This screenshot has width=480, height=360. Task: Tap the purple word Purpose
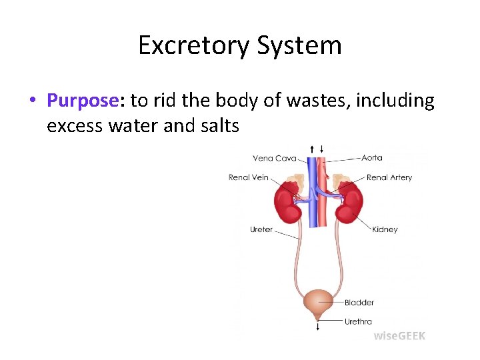[x=83, y=101]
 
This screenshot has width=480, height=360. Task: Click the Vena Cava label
[x=274, y=159]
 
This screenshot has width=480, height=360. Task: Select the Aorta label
[x=372, y=158]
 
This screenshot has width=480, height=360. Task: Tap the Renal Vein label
[x=249, y=177]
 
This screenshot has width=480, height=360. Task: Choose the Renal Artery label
[x=389, y=177]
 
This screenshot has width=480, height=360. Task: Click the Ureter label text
[x=261, y=229]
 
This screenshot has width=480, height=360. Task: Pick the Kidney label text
[x=385, y=229]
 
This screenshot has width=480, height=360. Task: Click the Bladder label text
[x=359, y=303]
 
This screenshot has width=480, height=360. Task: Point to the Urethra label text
[x=358, y=321]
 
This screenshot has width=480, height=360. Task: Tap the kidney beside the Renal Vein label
[x=289, y=204]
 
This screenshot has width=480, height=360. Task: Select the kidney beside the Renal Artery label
[x=349, y=204]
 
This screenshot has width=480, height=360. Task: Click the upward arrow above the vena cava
[x=313, y=149]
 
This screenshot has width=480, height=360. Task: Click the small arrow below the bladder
[x=318, y=326]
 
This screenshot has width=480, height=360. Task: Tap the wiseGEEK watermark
[x=399, y=336]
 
